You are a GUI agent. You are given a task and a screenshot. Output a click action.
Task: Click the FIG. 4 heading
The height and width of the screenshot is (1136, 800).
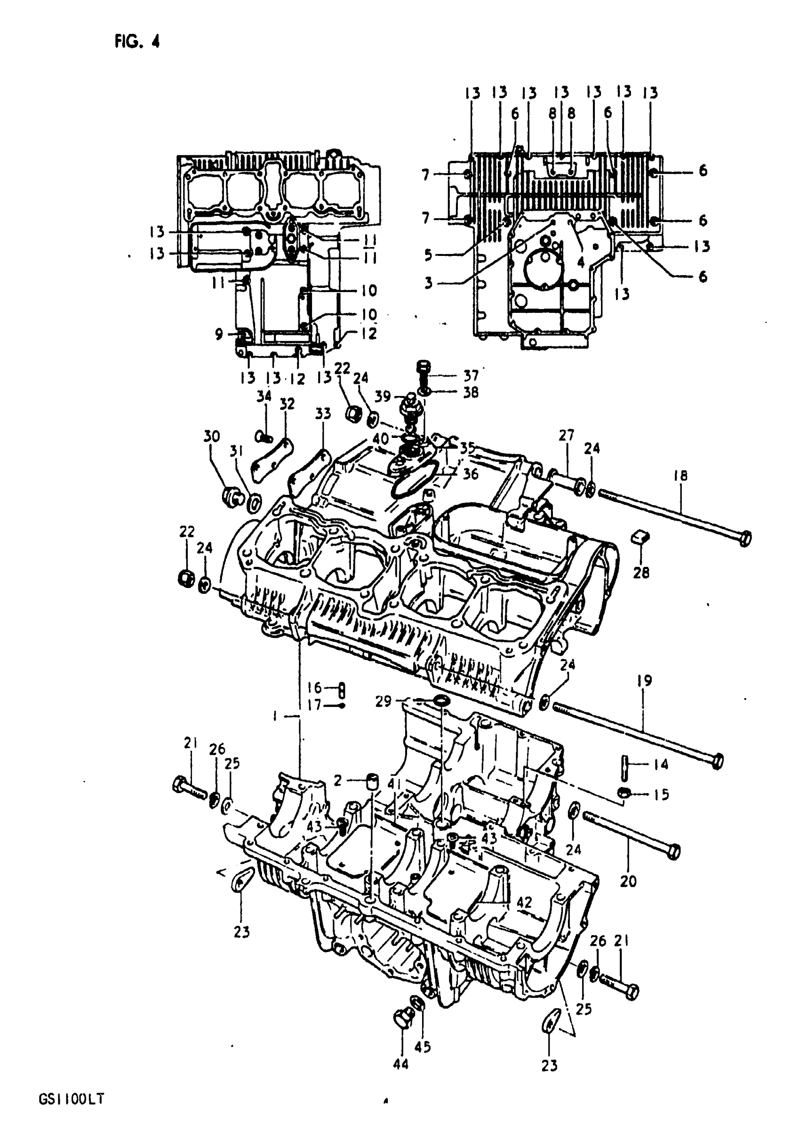(137, 41)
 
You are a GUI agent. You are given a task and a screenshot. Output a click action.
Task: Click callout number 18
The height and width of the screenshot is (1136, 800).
(680, 476)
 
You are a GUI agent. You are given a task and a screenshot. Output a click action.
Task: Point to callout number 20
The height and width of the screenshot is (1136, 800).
(628, 881)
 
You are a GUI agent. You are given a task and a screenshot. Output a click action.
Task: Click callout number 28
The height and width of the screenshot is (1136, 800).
(640, 572)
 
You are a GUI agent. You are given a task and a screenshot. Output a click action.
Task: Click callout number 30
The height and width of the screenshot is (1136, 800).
(211, 437)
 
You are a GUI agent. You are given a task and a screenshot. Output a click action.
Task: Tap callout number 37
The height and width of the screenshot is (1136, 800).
(471, 375)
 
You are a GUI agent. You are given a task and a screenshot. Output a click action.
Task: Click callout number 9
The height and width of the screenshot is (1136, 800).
(219, 334)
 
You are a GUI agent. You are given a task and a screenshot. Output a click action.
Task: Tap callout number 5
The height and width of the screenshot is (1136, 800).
(428, 255)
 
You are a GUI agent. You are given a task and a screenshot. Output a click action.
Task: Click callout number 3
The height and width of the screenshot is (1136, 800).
(428, 283)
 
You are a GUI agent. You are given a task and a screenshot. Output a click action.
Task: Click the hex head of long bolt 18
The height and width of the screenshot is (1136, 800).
(744, 537)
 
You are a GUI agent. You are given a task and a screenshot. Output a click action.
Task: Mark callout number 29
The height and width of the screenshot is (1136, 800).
(383, 701)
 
